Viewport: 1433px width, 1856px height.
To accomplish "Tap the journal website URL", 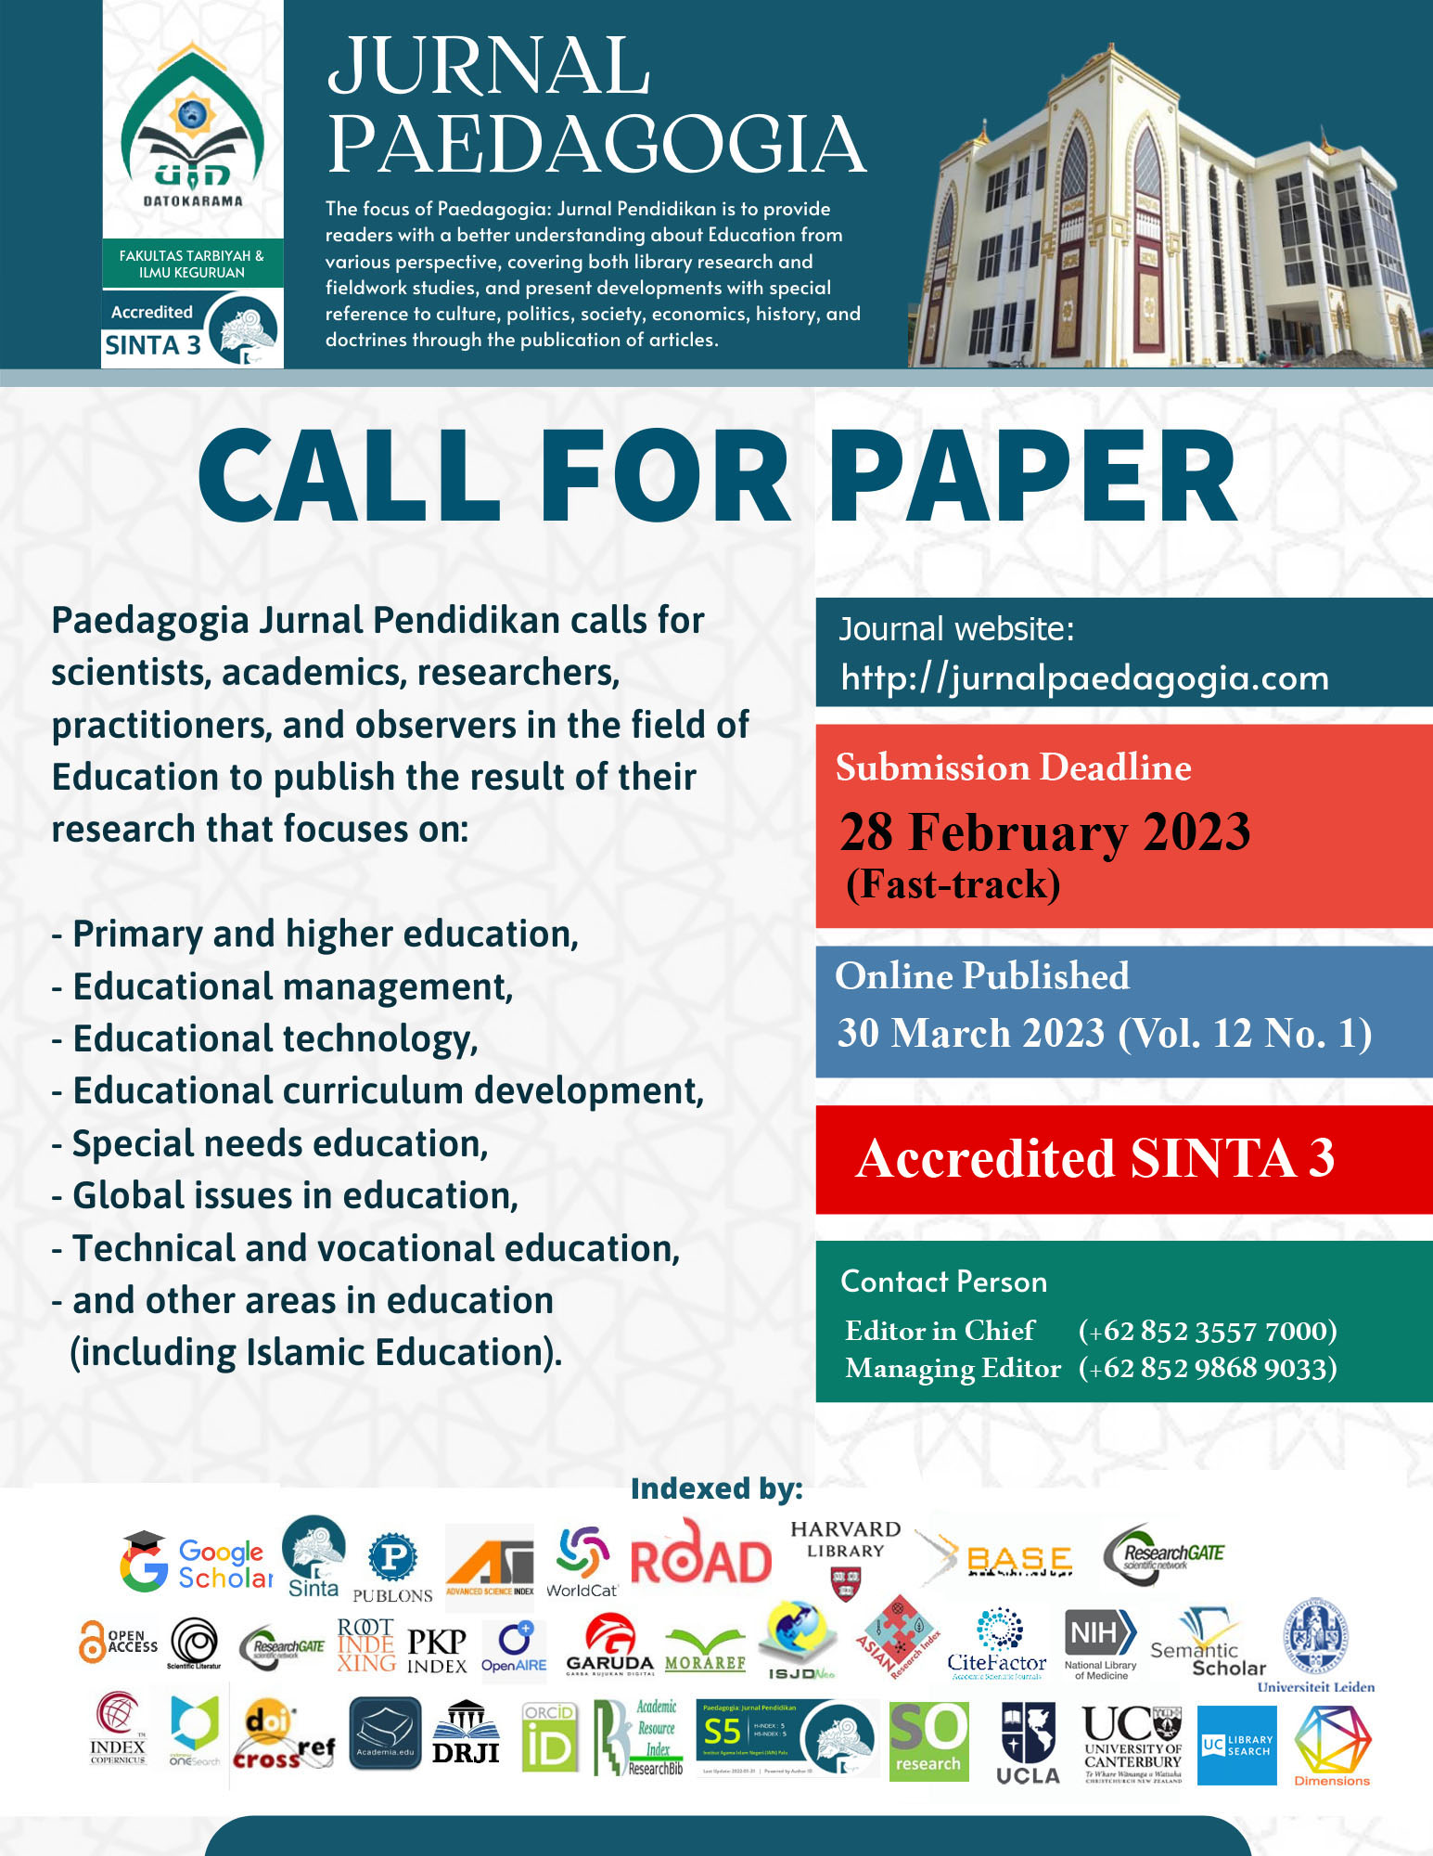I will [1084, 677].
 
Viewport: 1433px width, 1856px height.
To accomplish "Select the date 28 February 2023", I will [1044, 831].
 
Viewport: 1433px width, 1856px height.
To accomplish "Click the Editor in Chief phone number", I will [1207, 1331].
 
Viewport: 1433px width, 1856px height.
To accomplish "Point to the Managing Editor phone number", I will [1207, 1368].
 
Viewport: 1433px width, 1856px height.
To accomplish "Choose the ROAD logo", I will [700, 1556].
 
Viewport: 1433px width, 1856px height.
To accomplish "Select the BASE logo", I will [997, 1559].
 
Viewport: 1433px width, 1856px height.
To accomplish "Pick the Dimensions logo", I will [1332, 1746].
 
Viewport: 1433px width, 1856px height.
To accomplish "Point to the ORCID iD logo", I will [549, 1737].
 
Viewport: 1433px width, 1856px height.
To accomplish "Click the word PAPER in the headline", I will [1032, 478].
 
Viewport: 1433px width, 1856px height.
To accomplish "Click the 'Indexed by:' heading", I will [716, 1489].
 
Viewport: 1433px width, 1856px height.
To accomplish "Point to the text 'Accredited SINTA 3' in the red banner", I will [1094, 1158].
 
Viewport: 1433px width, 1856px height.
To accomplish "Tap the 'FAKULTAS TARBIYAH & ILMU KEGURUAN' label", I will [192, 264].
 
